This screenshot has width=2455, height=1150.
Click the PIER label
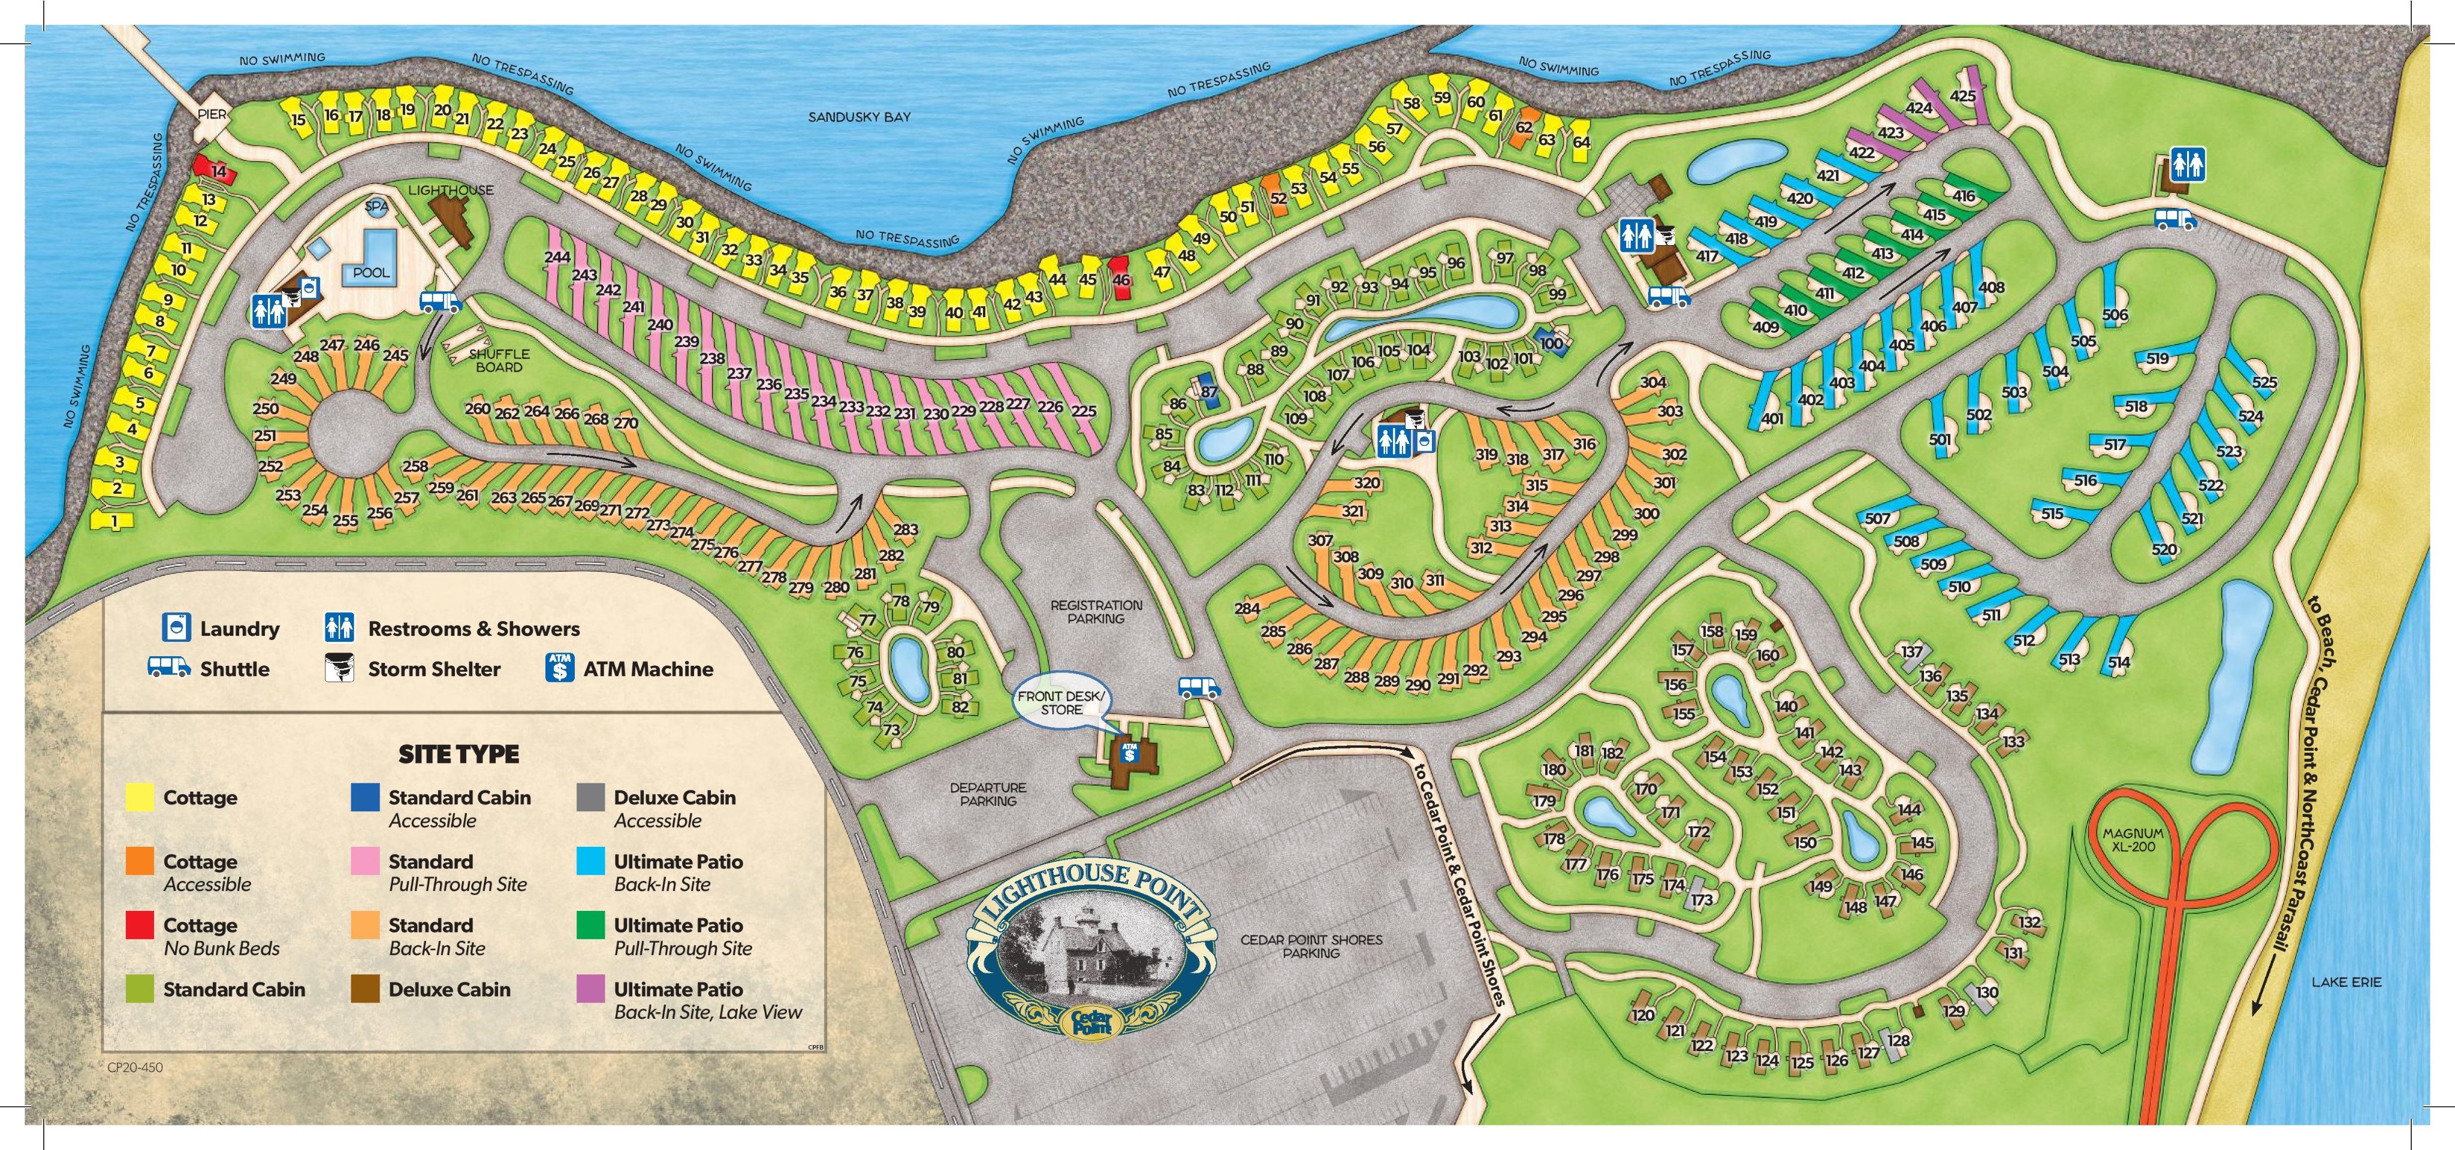click(x=212, y=113)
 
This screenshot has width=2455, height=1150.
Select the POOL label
click(x=371, y=273)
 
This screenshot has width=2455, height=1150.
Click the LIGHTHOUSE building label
click(x=451, y=189)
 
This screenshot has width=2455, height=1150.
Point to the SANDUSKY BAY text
click(x=859, y=117)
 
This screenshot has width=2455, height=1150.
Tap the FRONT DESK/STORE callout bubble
click(x=1061, y=703)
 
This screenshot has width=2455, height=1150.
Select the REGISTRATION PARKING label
click(x=1096, y=612)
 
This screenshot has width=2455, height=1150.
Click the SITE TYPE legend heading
click(x=459, y=754)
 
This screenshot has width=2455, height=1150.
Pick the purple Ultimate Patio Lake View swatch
click(x=591, y=989)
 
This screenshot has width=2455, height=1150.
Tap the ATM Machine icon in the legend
click(x=559, y=668)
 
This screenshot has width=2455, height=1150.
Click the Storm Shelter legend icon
click(x=339, y=668)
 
